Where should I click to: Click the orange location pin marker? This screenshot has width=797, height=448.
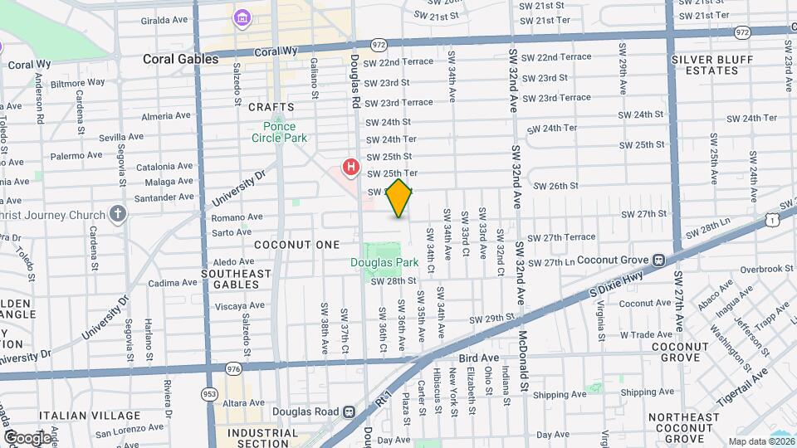(399, 198)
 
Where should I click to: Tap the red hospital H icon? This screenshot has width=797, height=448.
(351, 167)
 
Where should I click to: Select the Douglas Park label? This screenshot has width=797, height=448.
(384, 262)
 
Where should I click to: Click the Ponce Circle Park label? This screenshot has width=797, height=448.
(279, 131)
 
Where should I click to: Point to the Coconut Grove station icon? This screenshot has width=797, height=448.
(659, 259)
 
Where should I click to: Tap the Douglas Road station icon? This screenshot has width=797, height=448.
(350, 411)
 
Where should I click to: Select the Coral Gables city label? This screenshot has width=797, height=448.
(180, 59)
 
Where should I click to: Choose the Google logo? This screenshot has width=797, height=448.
(27, 437)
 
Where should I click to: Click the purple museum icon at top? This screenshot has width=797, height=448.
(242, 17)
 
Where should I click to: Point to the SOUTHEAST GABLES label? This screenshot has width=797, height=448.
(236, 279)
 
